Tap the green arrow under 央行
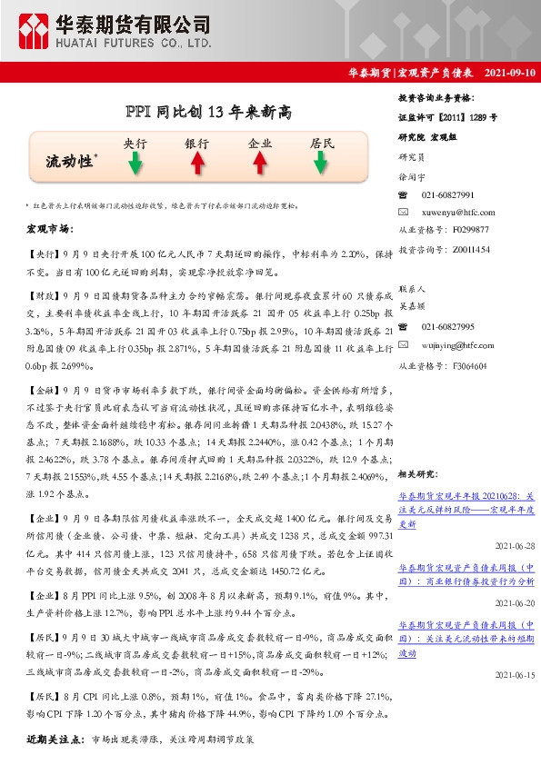pos(135,163)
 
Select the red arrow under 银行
pos(196,163)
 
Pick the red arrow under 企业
pos(259,163)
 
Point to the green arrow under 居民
pos(321,163)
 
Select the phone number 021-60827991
pos(448,195)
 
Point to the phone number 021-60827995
pos(448,327)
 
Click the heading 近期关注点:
pos(56,740)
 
